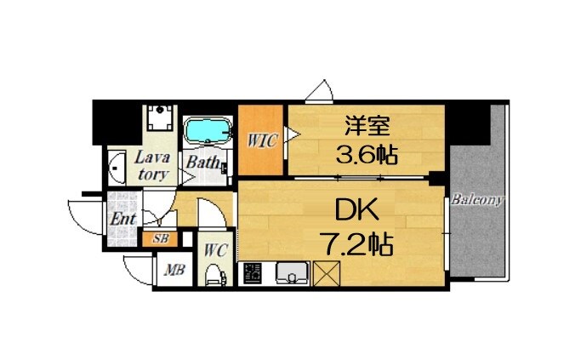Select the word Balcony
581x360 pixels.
coord(478,201)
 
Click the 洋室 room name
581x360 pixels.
coord(367,126)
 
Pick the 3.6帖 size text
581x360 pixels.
coord(367,157)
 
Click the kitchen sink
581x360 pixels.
coord(291,273)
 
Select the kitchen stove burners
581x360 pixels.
coord(253,273)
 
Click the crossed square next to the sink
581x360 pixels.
coord(326,273)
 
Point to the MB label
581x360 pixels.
coord(174,272)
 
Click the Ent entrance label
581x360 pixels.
coord(122,219)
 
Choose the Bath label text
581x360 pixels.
coord(203,162)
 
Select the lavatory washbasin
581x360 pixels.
coord(117,168)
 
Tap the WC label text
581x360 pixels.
coord(215,251)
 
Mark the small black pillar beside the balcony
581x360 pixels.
coord(436,178)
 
